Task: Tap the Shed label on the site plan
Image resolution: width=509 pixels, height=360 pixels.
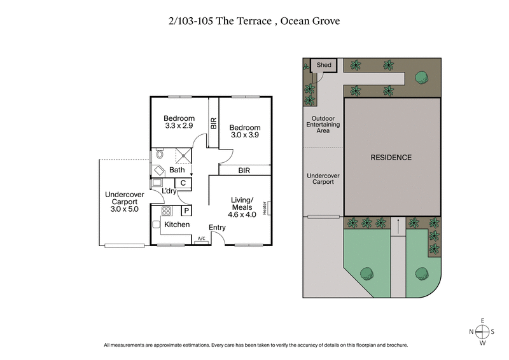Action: [x=324, y=65]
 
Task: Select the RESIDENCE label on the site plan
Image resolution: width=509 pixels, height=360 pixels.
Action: [x=391, y=157]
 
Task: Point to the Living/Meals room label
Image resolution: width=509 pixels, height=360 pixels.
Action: [x=242, y=207]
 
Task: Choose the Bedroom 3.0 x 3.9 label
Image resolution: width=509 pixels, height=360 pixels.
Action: [x=245, y=132]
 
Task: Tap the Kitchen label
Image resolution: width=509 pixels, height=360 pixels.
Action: [x=177, y=225]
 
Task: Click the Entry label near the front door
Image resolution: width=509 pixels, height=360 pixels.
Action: [x=217, y=228]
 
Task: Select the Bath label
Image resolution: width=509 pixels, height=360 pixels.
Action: [x=177, y=170]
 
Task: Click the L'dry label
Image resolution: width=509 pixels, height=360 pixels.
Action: [x=169, y=191]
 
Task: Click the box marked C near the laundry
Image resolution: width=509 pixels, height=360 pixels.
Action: [x=183, y=183]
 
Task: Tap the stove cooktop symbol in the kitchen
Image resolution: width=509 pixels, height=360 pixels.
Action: [x=167, y=211]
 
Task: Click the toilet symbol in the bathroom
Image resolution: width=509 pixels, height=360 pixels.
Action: [x=159, y=155]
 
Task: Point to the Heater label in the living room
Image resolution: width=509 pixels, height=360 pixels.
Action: [x=270, y=209]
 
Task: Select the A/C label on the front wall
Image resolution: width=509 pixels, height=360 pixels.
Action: [x=201, y=239]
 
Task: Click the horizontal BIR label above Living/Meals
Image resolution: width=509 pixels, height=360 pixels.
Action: [x=244, y=170]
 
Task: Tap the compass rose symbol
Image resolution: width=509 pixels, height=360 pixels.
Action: [x=482, y=331]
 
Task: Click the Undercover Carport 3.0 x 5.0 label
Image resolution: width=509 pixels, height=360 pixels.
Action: [x=124, y=202]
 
